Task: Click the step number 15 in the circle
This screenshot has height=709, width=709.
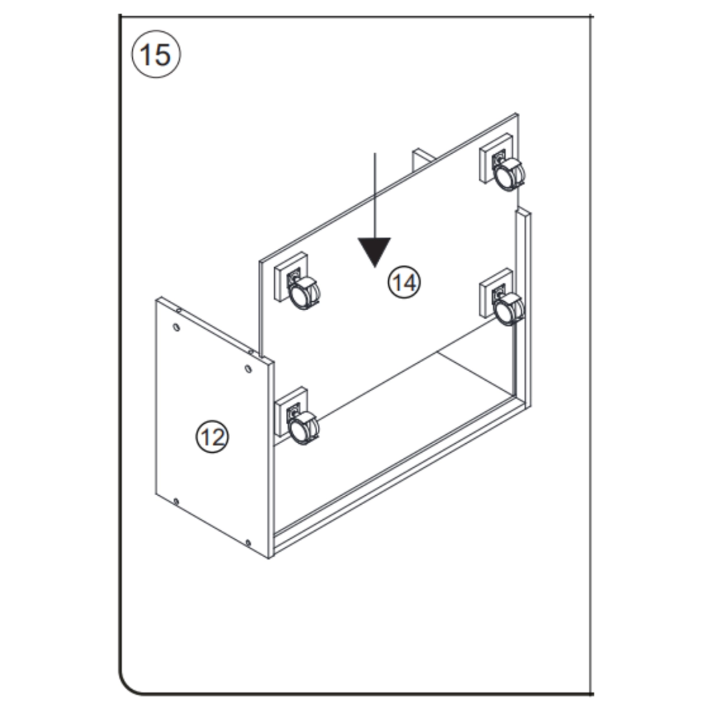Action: (x=155, y=55)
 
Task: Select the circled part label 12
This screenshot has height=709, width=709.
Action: (x=212, y=436)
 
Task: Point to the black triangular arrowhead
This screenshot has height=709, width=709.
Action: (x=375, y=251)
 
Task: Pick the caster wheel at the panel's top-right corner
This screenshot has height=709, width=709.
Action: (x=510, y=173)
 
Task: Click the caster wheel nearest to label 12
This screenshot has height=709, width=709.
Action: (x=304, y=428)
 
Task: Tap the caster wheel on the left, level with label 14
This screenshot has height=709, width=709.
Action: (x=305, y=294)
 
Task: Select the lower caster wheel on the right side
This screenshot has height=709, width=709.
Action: (x=510, y=309)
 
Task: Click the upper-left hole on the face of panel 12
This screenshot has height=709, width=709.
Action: (x=177, y=327)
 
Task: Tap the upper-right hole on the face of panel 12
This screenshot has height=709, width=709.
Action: (x=249, y=368)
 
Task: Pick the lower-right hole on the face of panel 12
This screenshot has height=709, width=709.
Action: (x=248, y=541)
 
